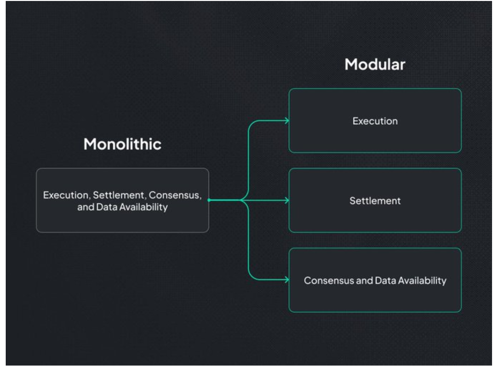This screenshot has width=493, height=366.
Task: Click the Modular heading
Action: pyautogui.click(x=375, y=65)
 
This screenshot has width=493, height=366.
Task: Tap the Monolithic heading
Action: pyautogui.click(x=123, y=145)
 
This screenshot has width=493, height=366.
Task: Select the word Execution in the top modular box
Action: pyautogui.click(x=375, y=121)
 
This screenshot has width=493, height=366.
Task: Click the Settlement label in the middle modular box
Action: pyautogui.click(x=375, y=201)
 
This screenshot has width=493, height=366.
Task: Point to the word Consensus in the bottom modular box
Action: pyautogui.click(x=325, y=281)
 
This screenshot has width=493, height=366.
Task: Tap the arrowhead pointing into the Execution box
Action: pyautogui.click(x=286, y=121)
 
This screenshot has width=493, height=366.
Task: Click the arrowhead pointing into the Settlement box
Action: pyautogui.click(x=286, y=201)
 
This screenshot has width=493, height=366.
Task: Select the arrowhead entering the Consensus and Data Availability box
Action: pyautogui.click(x=286, y=280)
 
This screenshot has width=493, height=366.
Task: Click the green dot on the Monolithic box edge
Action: pyautogui.click(x=209, y=200)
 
